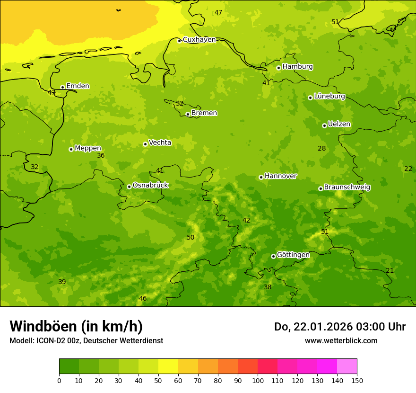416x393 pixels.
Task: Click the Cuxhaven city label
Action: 199,40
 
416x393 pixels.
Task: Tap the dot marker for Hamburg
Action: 278,68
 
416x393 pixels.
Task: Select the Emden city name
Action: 78,86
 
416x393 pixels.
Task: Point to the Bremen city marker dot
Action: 188,114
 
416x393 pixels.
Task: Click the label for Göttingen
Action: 293,255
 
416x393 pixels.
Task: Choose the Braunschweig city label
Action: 347,188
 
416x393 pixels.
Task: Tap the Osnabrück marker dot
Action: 129,187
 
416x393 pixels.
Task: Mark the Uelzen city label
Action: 339,125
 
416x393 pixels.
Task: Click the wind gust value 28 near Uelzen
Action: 321,149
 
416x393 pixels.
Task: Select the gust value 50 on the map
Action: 190,238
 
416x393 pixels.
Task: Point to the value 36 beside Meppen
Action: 101,156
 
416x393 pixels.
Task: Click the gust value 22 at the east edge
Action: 408,169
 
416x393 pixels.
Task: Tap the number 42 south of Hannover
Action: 246,221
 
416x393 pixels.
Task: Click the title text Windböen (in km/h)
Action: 76,326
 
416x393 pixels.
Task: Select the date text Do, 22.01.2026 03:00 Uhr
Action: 339,327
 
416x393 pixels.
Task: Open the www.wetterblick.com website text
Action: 341,341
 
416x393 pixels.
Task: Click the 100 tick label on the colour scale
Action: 258,380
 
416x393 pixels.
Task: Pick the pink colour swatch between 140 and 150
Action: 347,366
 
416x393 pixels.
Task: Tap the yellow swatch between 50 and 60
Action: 168,366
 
